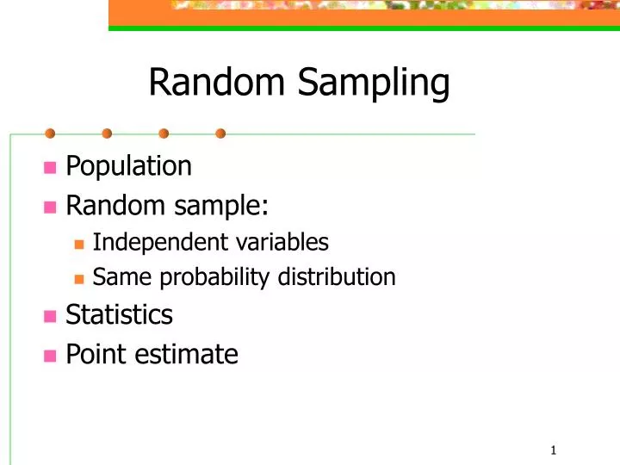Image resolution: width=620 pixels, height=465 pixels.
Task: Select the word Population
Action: tap(128, 165)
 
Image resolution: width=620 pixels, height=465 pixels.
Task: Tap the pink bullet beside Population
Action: tap(50, 167)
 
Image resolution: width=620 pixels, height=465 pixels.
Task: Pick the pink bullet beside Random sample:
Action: tap(50, 208)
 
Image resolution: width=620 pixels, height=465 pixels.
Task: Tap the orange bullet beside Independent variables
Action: tap(79, 245)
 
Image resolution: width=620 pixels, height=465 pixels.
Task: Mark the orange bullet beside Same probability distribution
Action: tap(79, 279)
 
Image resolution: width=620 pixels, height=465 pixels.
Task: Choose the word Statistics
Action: tap(119, 315)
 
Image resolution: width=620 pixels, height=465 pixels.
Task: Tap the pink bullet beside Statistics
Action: tap(50, 317)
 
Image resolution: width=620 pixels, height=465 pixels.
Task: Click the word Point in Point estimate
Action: tap(91, 354)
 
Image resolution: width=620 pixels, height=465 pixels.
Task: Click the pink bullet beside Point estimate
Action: tap(50, 356)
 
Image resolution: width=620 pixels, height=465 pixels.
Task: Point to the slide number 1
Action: tap(553, 450)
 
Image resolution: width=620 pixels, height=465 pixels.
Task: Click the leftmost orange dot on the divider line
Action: tap(50, 133)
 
